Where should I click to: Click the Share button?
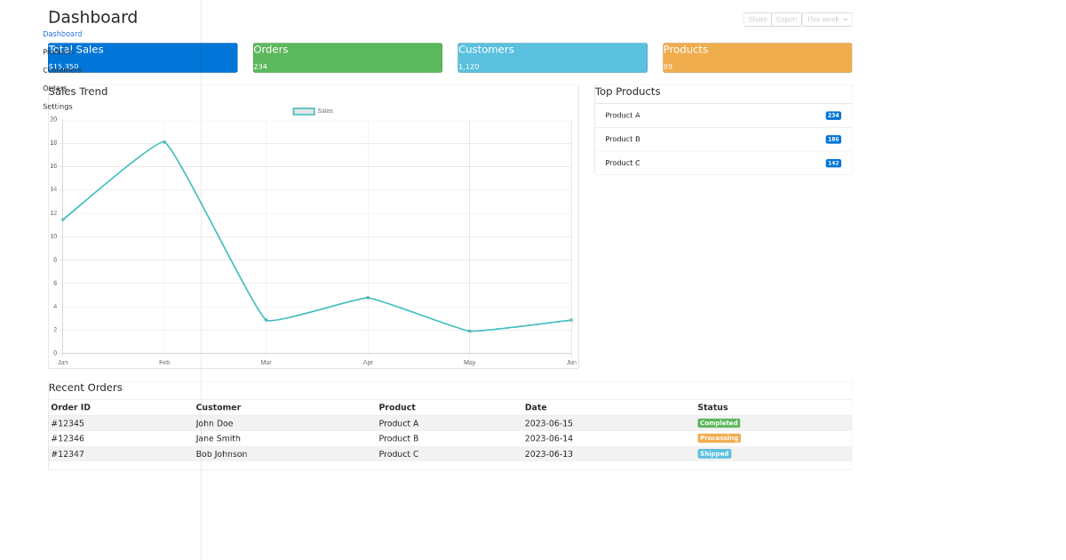tap(757, 20)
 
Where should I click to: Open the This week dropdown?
tap(826, 20)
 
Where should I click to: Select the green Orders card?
tap(347, 58)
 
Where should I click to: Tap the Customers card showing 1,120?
tap(552, 58)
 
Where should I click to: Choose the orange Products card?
tap(757, 58)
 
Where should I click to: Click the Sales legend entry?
tap(314, 111)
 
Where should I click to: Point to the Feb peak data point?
tap(164, 142)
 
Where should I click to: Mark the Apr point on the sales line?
tap(368, 298)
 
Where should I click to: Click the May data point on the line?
tap(470, 332)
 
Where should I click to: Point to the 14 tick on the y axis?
tap(53, 189)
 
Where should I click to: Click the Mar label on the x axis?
tap(266, 363)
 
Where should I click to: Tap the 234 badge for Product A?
tap(833, 116)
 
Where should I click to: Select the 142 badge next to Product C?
tap(833, 164)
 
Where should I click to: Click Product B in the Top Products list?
tap(623, 140)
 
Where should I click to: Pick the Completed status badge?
tap(719, 423)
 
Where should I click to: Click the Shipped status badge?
tap(714, 454)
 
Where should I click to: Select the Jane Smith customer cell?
tap(219, 438)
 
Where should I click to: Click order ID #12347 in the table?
tap(68, 454)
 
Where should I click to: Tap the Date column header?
tap(536, 407)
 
